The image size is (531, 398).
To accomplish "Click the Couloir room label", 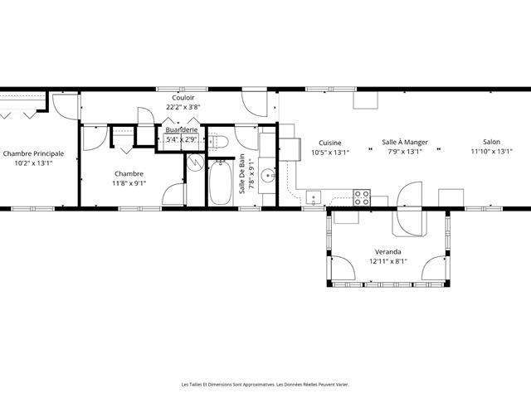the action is point(183,98).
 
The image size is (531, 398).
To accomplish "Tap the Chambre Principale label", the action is point(33,153).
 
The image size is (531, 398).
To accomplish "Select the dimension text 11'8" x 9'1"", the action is point(129,183).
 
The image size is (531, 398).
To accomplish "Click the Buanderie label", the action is point(182,129).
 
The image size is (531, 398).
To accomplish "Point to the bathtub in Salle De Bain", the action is point(220,182).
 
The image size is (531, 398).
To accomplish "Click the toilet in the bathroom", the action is point(219,142).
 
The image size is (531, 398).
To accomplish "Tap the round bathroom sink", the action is point(268,175).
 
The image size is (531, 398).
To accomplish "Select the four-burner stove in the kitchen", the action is point(362,197).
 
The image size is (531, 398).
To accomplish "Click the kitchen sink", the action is point(314,197).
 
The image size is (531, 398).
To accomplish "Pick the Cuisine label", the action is point(330,143).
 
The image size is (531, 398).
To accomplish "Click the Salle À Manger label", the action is point(405,142).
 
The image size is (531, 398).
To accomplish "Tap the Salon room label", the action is point(492,142).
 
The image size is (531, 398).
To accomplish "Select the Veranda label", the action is point(388,252).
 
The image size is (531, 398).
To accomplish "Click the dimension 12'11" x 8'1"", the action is point(388,261).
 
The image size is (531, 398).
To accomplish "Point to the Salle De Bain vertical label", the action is point(241,174).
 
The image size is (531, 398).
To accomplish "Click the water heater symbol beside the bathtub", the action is point(196,163).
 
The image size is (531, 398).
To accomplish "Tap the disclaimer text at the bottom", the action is point(265,385).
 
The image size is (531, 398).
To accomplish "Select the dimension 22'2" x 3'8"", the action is point(183,107).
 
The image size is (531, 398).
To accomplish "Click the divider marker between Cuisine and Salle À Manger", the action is point(370,148).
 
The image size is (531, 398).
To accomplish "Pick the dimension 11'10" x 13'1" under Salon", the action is point(492,151).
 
